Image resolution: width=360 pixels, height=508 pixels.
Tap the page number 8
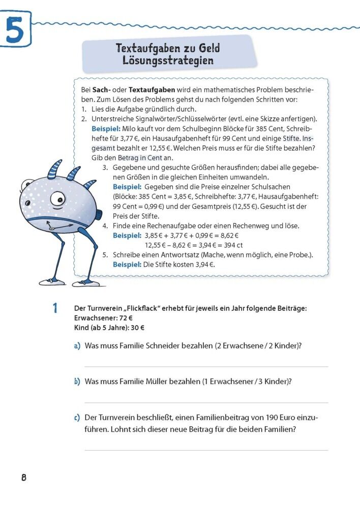[23, 478]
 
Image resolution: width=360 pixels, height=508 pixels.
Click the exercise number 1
[55, 308]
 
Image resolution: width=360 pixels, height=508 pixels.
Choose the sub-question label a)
[77, 346]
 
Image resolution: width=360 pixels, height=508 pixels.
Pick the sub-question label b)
[77, 382]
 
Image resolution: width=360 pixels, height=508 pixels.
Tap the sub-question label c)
[77, 418]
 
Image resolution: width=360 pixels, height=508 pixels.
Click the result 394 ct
[231, 245]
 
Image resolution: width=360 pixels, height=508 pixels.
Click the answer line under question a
[206, 366]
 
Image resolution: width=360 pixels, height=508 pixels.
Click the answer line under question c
[206, 450]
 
